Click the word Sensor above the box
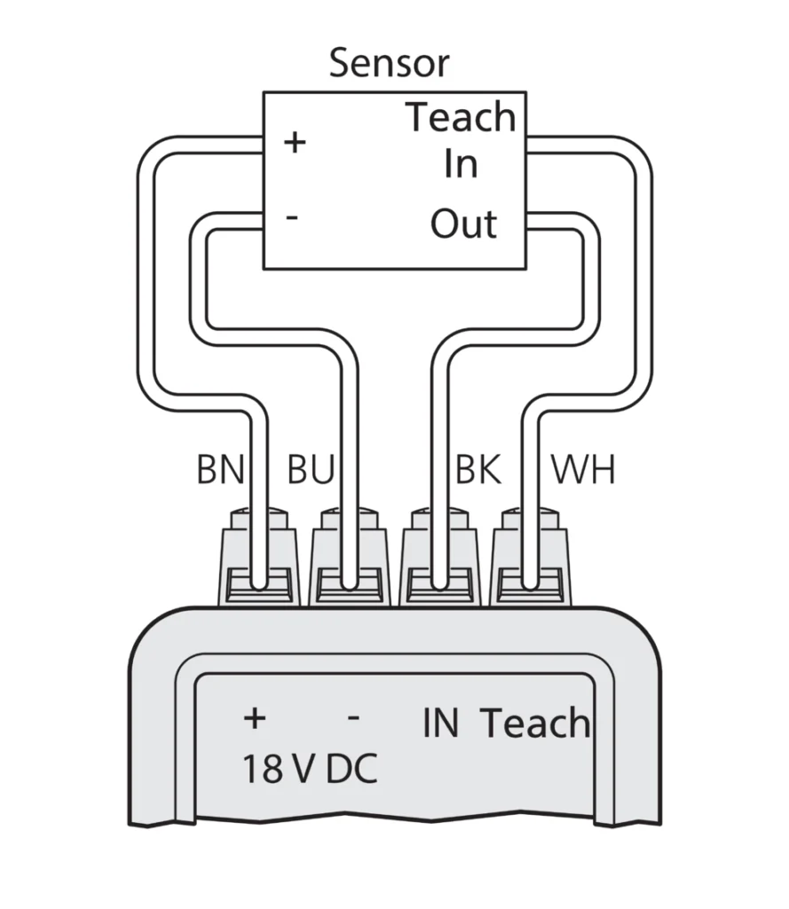click(389, 64)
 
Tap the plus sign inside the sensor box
click(294, 142)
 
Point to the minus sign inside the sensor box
click(292, 217)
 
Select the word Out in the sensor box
click(463, 225)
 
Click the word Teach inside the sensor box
click(461, 118)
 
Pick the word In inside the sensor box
click(461, 164)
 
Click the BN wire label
click(220, 470)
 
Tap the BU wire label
click(310, 470)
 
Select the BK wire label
click(478, 470)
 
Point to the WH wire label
click(583, 470)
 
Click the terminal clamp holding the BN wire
click(258, 559)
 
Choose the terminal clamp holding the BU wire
click(350, 559)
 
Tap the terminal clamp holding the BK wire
click(440, 559)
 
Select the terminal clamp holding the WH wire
click(531, 559)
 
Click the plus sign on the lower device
click(254, 718)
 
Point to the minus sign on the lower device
click(352, 717)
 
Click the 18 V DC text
click(310, 770)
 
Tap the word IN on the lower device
click(440, 723)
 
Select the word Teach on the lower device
click(535, 723)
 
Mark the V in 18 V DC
click(303, 770)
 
